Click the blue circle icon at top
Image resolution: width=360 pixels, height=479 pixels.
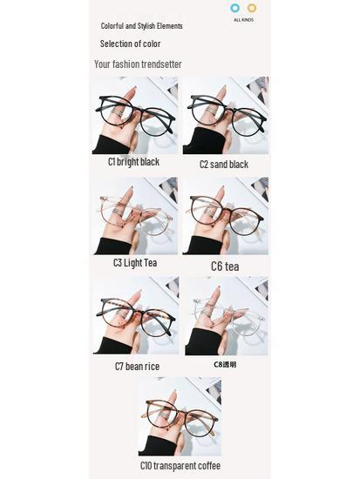(x=234, y=9)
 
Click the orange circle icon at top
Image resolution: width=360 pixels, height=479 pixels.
(x=252, y=9)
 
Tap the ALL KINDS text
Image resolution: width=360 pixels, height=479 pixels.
(x=243, y=19)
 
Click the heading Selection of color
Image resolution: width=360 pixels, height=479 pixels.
(x=130, y=44)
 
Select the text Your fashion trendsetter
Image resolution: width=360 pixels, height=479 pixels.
(x=138, y=64)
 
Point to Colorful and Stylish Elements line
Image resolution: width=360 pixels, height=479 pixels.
(x=141, y=27)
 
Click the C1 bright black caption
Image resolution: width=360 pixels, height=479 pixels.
(x=133, y=162)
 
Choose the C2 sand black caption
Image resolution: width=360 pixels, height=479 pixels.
(x=223, y=164)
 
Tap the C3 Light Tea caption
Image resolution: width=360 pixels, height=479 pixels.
(x=133, y=262)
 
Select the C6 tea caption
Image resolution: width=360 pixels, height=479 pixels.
(x=224, y=266)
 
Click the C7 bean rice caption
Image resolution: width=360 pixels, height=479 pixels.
(x=137, y=366)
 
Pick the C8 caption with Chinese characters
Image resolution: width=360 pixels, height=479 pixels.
(x=225, y=364)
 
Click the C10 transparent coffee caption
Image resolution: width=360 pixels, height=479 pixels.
(x=180, y=466)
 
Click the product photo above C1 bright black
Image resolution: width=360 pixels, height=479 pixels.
(x=134, y=115)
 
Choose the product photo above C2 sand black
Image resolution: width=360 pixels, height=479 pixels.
(x=225, y=115)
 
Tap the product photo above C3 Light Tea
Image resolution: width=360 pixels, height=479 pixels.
(x=134, y=216)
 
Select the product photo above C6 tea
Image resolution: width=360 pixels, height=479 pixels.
(x=225, y=216)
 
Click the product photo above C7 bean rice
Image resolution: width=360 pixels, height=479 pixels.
(x=136, y=315)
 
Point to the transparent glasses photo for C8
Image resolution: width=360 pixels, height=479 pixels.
(x=226, y=315)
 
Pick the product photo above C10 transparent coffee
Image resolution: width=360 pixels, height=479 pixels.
(x=180, y=416)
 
